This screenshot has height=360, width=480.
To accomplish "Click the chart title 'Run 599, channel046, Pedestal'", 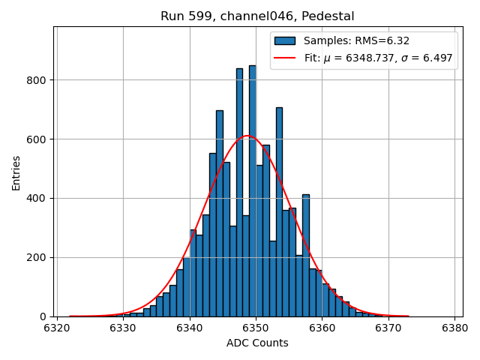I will [x=257, y=16].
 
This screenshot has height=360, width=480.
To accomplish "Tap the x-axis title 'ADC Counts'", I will [x=257, y=343].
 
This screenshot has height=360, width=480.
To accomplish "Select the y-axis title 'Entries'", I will [x=16, y=172].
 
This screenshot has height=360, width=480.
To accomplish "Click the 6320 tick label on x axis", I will [x=57, y=328].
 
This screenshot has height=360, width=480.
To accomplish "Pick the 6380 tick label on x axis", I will [x=454, y=328].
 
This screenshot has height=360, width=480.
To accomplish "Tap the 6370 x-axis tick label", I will [x=388, y=328].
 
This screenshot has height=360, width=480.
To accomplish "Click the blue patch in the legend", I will [x=285, y=41].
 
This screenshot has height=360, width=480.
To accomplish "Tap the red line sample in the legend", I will [x=285, y=58].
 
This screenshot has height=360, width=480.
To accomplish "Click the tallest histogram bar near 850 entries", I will [x=252, y=195].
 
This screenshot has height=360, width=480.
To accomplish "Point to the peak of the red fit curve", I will [x=247, y=136].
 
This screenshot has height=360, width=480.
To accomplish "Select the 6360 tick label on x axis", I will [x=322, y=328].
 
